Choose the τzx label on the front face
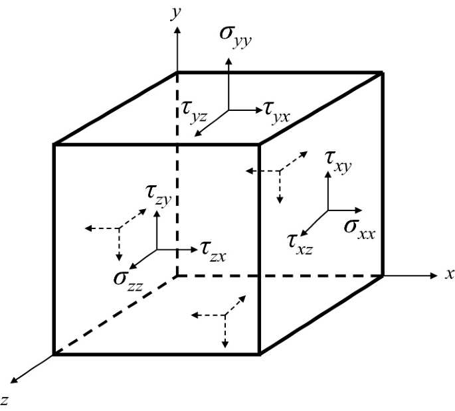click(x=214, y=249)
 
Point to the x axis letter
click(x=450, y=274)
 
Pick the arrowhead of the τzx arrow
click(x=195, y=250)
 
